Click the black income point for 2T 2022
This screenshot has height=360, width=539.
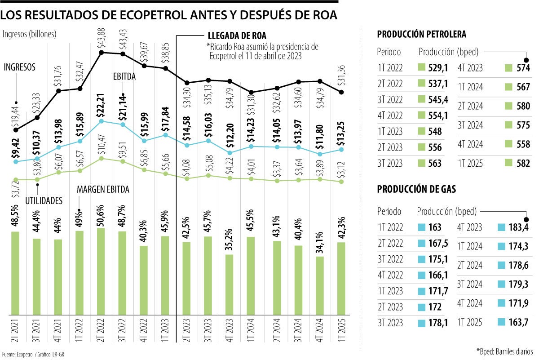click(x=102, y=53)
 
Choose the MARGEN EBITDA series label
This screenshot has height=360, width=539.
click(x=103, y=190)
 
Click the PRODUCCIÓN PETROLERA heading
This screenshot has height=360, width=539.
click(x=421, y=34)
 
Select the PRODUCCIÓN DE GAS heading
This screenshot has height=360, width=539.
click(x=416, y=189)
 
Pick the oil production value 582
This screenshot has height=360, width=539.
click(x=523, y=164)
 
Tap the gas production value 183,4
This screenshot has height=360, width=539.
click(x=521, y=227)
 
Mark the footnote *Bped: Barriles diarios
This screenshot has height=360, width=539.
click(x=504, y=350)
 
